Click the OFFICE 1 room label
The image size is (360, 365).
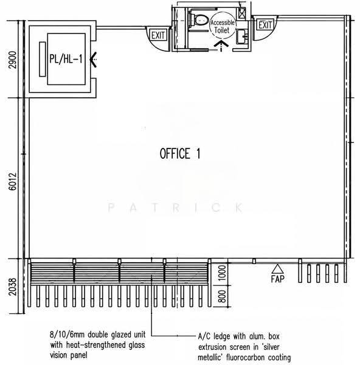click(179, 153)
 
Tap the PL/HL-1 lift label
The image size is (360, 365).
click(66, 58)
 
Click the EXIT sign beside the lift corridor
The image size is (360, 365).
click(158, 35)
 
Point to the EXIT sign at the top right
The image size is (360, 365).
click(265, 24)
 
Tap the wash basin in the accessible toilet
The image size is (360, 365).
click(243, 36)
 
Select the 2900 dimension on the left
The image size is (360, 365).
click(13, 60)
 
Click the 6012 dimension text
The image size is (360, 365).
click(13, 181)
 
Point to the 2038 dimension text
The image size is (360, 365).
click(13, 287)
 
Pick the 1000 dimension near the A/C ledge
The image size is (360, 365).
click(222, 273)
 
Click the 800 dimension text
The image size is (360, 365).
click(222, 296)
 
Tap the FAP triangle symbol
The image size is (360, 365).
click(277, 269)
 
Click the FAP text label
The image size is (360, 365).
click(277, 279)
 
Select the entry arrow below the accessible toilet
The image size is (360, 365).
click(221, 46)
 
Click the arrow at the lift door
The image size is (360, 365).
click(93, 60)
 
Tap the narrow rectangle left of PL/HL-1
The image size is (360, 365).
click(42, 59)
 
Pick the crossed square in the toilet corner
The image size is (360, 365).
click(242, 13)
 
